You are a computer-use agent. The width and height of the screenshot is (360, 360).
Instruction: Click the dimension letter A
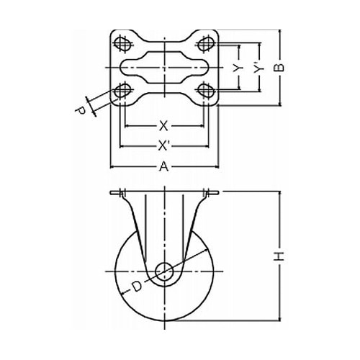click(x=164, y=166)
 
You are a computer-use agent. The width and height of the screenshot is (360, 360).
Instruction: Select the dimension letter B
click(x=279, y=68)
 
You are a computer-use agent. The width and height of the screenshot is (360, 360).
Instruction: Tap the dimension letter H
click(x=279, y=256)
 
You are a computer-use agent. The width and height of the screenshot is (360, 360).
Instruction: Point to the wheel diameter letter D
click(x=137, y=287)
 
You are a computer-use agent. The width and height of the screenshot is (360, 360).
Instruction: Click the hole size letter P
click(x=81, y=111)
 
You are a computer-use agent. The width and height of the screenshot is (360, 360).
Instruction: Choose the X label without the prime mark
click(x=163, y=126)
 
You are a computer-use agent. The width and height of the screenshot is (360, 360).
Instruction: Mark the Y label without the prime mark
click(x=238, y=69)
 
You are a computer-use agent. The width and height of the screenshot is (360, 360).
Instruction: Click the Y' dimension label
click(x=258, y=68)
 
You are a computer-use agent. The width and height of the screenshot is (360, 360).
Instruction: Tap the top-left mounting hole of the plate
click(x=122, y=44)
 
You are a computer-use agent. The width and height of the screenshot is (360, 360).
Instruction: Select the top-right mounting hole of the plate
click(x=205, y=44)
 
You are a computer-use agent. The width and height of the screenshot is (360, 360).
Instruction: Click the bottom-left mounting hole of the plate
click(x=123, y=91)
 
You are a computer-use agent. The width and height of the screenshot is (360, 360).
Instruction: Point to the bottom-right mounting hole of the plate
click(x=205, y=90)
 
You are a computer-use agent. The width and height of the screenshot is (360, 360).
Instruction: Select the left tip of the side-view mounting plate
click(x=111, y=193)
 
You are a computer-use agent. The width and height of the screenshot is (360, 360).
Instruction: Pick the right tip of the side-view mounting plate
click(x=218, y=193)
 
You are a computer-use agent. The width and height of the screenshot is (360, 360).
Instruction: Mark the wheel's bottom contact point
click(x=165, y=320)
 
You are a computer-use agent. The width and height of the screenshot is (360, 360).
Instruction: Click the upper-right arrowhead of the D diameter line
click(x=206, y=251)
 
